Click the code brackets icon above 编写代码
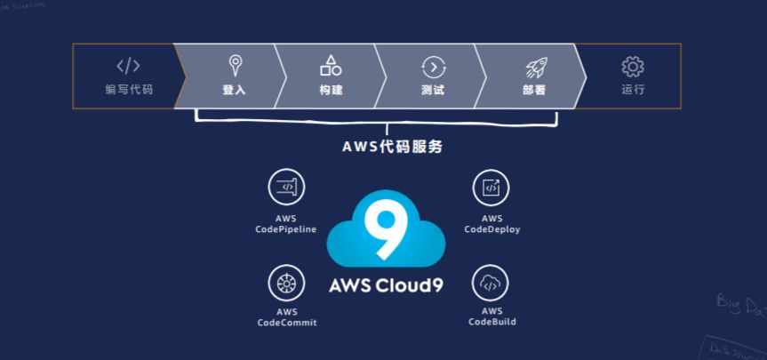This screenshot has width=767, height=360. tap(128, 66)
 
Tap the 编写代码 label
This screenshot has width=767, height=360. tap(128, 89)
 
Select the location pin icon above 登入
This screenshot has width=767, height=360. tap(234, 64)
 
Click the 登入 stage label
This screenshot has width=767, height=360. tap(234, 90)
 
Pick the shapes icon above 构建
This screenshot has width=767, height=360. tap(331, 65)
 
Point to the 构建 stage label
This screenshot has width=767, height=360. tap(331, 90)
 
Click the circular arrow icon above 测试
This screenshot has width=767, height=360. tap(433, 66)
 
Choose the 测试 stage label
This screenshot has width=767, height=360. tap(433, 90)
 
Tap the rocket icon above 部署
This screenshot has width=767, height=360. tap(534, 66)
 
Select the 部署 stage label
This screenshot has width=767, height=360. tap(534, 90)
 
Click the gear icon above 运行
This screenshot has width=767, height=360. tap(633, 66)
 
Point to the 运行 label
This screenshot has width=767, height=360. tap(633, 89)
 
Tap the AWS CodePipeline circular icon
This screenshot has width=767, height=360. tap(286, 187)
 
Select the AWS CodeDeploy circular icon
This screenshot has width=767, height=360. tap(491, 187)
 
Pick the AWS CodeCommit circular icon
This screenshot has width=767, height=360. tap(286, 283)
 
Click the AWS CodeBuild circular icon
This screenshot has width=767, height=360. tap(491, 283)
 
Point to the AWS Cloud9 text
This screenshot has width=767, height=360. tap(386, 287)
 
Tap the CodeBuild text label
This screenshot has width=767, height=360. tap(492, 322)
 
